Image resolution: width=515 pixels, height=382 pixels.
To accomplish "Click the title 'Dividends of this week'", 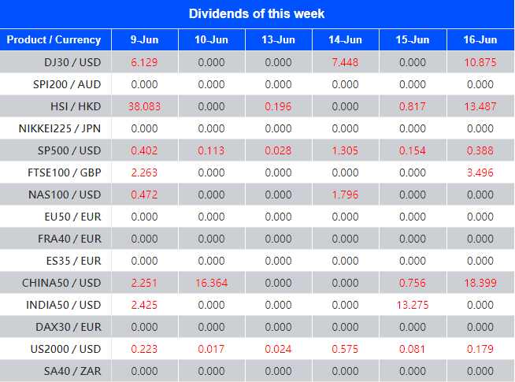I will coord(257,13).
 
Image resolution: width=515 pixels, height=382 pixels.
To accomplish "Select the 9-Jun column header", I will coord(144,39).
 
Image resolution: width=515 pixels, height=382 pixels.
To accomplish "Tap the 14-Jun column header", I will coord(346,39).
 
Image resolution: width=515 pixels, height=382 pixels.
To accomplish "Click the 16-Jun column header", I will coord(480,39).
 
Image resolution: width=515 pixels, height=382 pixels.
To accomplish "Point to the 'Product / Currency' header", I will coord(54,39).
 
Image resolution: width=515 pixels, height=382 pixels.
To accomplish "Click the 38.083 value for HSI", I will coord(144,106).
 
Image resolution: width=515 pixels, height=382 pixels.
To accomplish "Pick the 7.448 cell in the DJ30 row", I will coord(346,62).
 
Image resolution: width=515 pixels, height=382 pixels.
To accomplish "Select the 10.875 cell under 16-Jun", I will coord(480,62).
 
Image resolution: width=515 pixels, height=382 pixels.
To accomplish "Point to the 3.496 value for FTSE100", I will coord(480,172).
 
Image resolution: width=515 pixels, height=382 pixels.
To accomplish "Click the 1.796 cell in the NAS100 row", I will coord(346,195).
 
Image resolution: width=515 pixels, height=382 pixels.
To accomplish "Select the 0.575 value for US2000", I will coord(346,349).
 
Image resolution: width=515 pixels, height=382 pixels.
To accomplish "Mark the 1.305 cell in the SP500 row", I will coord(346,150).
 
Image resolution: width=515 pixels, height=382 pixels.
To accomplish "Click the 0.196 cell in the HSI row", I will coord(278,106).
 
